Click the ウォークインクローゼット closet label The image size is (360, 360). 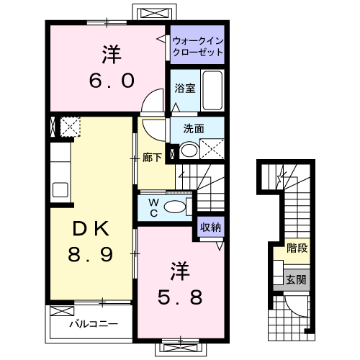(x=198, y=47)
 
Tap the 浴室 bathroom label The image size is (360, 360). (x=185, y=89)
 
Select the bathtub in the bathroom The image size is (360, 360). (x=212, y=90)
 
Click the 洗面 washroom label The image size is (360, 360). (x=194, y=129)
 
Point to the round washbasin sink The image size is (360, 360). (x=189, y=150)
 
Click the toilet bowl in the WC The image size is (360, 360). (x=175, y=207)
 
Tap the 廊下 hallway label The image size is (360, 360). (x=152, y=158)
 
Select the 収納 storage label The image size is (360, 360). (x=210, y=227)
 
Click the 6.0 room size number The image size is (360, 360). (x=112, y=81)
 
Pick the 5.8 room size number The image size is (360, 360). (x=180, y=297)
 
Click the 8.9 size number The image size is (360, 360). (x=91, y=254)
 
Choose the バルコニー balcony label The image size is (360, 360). (x=94, y=324)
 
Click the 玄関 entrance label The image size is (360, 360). (x=296, y=279)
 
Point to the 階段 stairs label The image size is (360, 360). (x=297, y=248)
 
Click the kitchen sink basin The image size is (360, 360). (x=60, y=190)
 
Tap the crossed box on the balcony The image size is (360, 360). (x=62, y=311)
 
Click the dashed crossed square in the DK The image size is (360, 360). (x=70, y=127)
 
